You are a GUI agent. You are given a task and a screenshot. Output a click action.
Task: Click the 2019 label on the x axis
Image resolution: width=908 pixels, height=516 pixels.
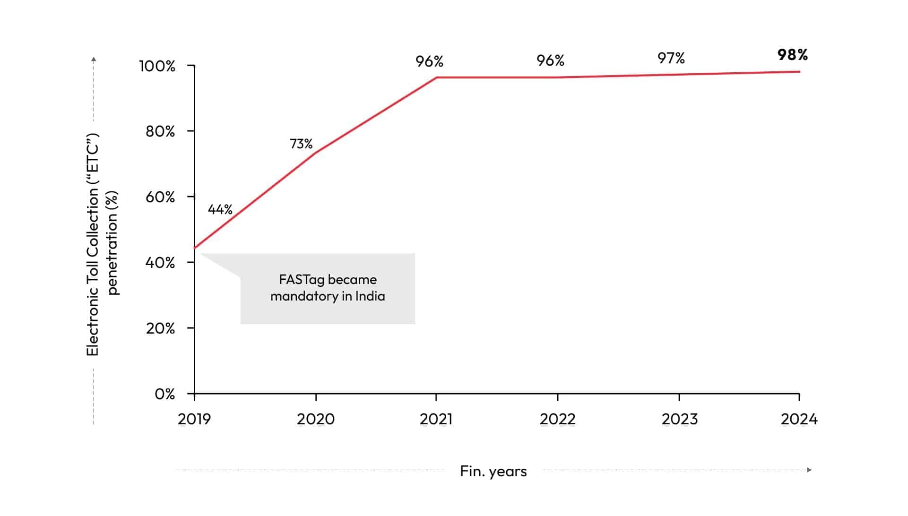click(194, 419)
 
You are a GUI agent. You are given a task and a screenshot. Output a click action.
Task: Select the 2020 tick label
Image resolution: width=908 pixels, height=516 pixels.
click(316, 419)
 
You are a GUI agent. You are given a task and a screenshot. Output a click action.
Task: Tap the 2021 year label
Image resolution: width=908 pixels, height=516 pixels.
click(436, 419)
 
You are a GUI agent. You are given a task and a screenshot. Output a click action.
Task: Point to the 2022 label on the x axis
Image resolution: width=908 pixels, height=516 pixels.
click(558, 419)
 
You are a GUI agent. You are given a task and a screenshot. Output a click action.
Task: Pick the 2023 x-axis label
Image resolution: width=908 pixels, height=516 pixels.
click(679, 419)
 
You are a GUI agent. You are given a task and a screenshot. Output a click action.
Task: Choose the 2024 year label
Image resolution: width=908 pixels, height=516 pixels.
click(799, 419)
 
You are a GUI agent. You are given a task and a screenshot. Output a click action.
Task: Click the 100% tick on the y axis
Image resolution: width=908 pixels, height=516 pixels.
click(157, 66)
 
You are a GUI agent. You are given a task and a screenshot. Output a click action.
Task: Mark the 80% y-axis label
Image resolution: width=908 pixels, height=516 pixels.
click(160, 131)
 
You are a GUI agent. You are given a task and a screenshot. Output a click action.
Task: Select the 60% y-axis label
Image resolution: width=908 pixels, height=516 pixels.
click(160, 197)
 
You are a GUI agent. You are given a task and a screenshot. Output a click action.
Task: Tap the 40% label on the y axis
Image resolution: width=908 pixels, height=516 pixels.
click(160, 263)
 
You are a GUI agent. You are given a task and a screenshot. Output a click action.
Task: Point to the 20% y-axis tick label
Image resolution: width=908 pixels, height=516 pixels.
click(160, 328)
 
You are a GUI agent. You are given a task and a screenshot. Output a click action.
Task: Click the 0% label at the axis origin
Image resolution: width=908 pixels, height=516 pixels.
click(164, 394)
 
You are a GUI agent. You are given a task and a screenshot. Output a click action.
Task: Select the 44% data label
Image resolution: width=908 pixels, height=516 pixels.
click(220, 209)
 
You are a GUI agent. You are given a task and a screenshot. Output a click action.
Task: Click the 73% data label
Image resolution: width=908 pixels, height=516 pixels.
click(301, 144)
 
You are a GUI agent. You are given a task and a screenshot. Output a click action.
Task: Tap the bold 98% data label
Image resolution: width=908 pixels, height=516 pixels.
click(793, 55)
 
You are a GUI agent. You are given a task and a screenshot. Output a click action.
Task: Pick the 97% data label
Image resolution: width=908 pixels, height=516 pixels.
click(671, 58)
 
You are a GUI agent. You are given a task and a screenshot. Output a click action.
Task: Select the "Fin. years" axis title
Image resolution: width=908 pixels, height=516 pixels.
click(493, 472)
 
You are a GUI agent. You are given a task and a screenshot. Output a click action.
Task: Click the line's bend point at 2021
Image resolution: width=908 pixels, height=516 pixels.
click(436, 77)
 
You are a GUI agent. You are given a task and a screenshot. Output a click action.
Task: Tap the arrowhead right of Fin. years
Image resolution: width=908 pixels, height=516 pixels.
click(809, 470)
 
